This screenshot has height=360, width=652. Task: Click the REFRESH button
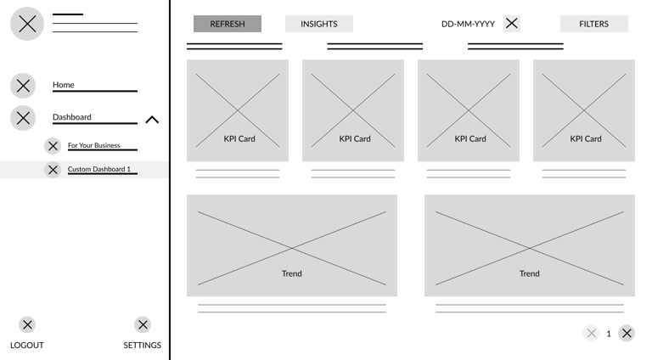[227, 24]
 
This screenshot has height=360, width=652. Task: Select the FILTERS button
[593, 24]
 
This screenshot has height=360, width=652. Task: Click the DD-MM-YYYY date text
[468, 24]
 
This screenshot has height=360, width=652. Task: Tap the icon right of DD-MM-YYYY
[511, 24]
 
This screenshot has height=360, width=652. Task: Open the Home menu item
[64, 85]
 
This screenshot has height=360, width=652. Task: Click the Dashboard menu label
[72, 117]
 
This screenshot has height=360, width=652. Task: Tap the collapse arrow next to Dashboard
[152, 120]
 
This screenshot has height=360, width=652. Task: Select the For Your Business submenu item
[94, 145]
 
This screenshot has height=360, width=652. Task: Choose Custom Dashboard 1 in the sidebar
[99, 169]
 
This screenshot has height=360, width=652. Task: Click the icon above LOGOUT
[27, 324]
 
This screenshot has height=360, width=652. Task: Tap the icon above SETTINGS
[143, 324]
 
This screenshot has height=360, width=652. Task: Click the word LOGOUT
[27, 345]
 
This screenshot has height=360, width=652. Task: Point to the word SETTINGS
[143, 345]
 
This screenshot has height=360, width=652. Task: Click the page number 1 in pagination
[609, 334]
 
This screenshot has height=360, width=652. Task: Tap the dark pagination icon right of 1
[627, 334]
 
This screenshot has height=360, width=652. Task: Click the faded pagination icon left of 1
[592, 334]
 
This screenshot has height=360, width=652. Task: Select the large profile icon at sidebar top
[27, 24]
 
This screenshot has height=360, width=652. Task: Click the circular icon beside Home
[24, 86]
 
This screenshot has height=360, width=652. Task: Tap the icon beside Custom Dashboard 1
[53, 170]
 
